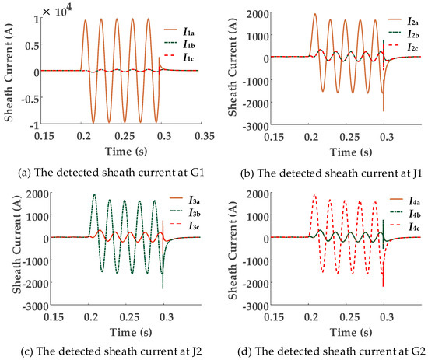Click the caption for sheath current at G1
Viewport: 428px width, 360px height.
pos(106,165)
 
